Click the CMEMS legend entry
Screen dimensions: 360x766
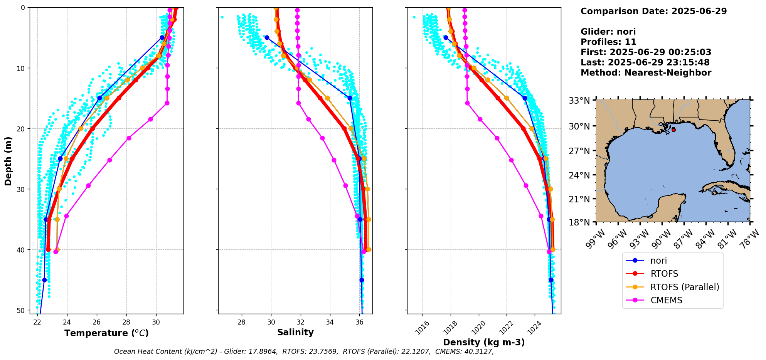point(666,300)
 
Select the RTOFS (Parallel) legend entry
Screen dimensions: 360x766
point(684,287)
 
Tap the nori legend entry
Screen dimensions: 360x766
point(658,261)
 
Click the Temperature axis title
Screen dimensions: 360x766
point(106,333)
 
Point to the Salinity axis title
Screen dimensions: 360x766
point(295,332)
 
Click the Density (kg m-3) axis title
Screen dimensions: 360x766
point(484,342)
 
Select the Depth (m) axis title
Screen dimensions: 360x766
point(8,161)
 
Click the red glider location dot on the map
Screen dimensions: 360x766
point(673,130)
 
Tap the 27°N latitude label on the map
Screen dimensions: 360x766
point(579,151)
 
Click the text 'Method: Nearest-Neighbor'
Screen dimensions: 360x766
point(646,73)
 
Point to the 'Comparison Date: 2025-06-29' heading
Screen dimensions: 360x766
point(653,11)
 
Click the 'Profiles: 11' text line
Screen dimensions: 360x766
point(608,42)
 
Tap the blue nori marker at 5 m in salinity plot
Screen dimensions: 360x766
point(267,38)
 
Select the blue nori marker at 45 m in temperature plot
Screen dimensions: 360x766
point(44,280)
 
